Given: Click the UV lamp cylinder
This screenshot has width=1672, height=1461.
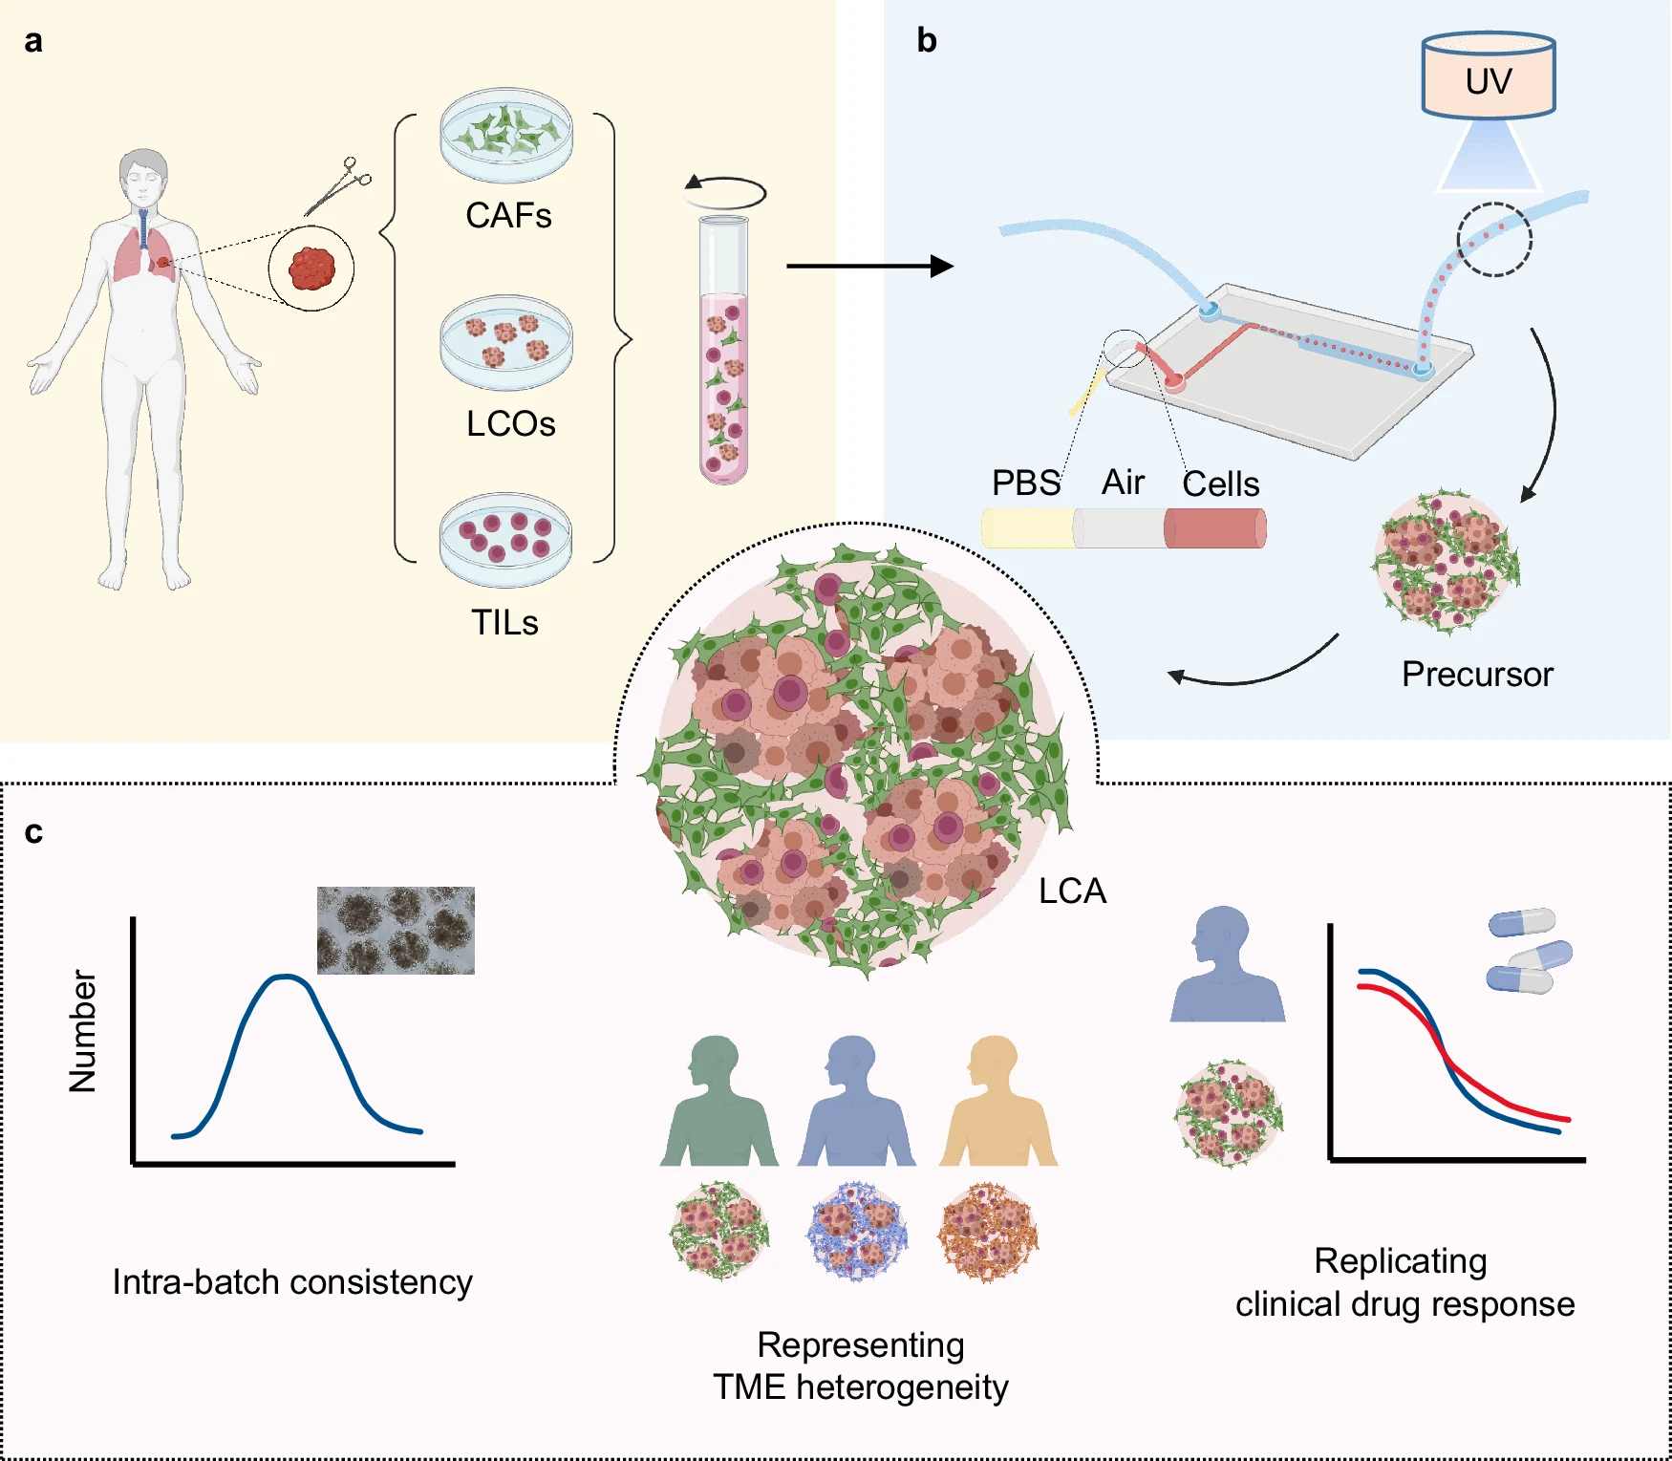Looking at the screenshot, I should point(1489,76).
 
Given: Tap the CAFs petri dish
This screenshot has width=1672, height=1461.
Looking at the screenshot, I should point(506,135).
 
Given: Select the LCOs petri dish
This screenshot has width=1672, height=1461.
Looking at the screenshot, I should point(506,341).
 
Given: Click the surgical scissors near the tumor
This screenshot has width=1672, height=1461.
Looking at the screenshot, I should point(337,186).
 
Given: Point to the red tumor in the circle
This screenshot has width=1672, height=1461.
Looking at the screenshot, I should point(311,269).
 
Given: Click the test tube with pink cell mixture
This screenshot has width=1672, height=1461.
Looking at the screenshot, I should point(723,354).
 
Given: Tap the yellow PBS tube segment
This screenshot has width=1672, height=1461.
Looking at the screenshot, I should point(1028,528).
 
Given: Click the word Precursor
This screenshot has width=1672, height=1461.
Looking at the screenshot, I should point(1477,675).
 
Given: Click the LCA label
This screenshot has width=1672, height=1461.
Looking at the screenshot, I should point(1072,892).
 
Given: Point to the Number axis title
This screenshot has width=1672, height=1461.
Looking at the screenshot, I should point(83,1031).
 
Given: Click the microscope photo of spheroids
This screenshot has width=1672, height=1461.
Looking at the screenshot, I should point(396,931).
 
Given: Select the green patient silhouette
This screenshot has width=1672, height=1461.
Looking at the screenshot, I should point(718,1104).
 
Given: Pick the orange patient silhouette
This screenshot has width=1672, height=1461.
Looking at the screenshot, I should point(997,1104).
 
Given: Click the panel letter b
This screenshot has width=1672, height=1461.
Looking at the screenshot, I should point(926,40).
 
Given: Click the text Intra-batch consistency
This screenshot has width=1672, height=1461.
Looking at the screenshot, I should point(292,1282).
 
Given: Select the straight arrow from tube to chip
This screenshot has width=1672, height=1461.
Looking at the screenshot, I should point(869,267).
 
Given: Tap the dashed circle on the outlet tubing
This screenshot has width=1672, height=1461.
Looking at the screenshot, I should point(1494,240).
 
